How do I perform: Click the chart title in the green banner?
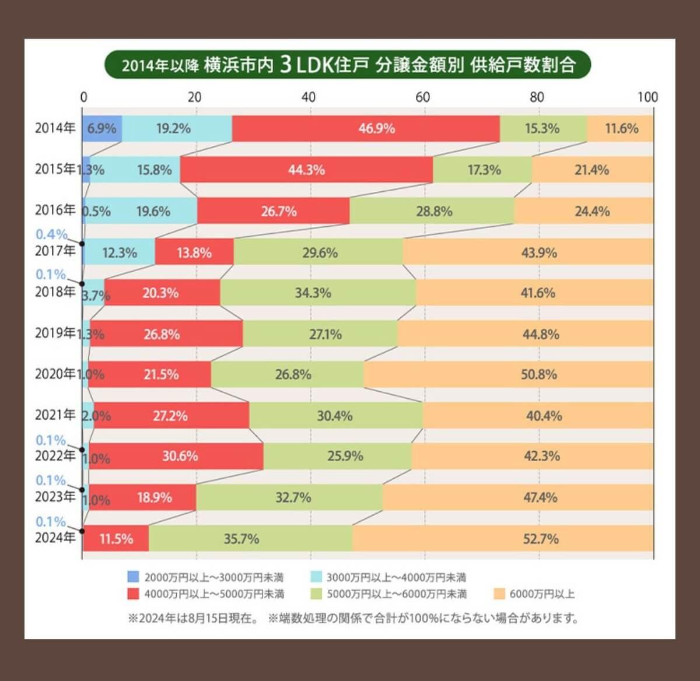pos(348,65)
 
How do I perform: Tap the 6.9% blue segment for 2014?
pos(102,128)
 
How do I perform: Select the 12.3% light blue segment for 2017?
pos(120,252)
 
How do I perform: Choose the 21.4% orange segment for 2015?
pos(592,170)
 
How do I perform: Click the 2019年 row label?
pos(55,333)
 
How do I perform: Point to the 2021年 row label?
pos(55,415)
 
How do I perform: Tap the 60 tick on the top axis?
pos(423,97)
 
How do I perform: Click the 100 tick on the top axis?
pos(647,97)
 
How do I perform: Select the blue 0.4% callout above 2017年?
pos(51,234)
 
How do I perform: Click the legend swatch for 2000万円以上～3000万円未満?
pos(133,577)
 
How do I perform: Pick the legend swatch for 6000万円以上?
pos(499,594)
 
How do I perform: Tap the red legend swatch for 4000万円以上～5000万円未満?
pos(133,594)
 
